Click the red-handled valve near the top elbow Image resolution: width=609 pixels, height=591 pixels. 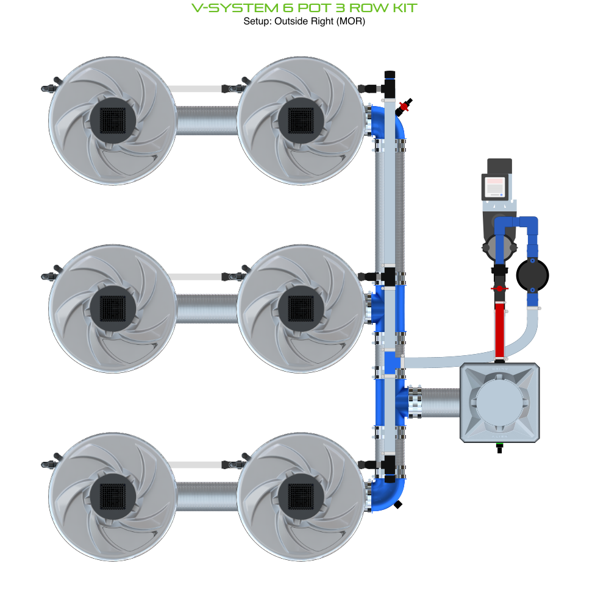coord(404,107)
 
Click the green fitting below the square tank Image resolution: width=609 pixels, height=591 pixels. coord(500,446)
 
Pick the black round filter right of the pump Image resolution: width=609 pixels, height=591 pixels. coord(533,276)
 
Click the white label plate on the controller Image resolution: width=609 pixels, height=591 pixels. coord(494,186)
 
